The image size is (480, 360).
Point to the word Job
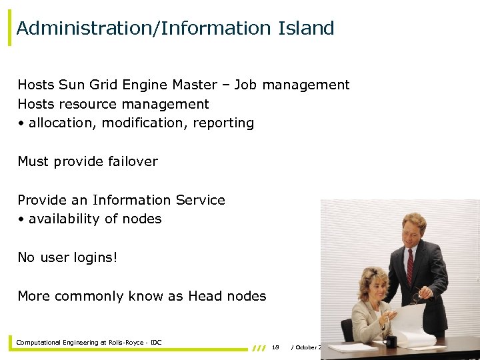coord(247,85)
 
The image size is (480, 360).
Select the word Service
coord(200,200)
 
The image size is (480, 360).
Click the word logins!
coord(95,257)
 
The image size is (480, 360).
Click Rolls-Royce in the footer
coord(126,343)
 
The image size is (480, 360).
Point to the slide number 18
coord(275,347)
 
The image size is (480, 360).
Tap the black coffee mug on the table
coord(391,341)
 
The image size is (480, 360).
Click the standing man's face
coord(413,230)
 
